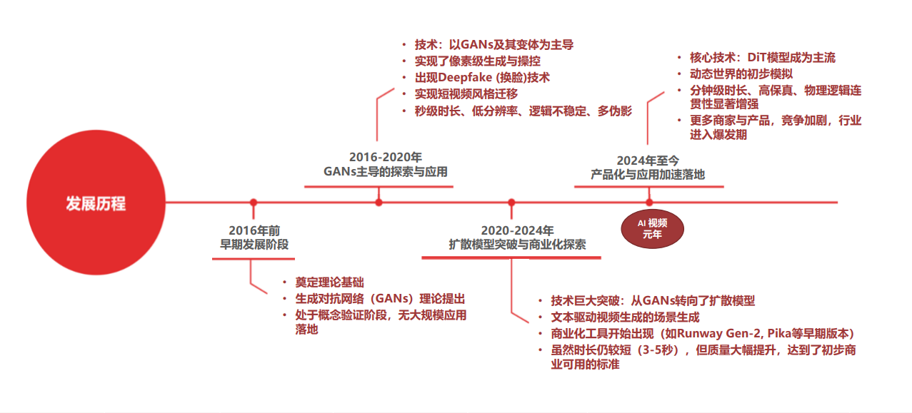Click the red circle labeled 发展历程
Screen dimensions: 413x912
[96, 204]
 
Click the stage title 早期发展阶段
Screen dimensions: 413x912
[254, 245]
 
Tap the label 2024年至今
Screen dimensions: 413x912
[648, 160]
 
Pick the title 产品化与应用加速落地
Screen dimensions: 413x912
[648, 174]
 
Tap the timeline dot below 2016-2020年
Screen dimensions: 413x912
[379, 203]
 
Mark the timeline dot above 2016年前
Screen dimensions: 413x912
[253, 203]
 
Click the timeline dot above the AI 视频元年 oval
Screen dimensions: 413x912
[649, 203]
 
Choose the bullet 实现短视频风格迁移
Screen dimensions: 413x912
[466, 94]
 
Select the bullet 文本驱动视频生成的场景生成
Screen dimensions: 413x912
[625, 317]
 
